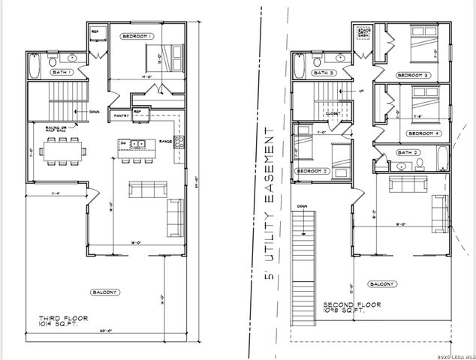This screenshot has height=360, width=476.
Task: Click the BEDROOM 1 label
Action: coord(137,36)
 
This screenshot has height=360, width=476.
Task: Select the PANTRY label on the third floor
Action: coord(121,115)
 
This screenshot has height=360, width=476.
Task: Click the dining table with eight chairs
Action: coord(63,151)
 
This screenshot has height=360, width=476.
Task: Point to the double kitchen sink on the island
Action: coord(137,143)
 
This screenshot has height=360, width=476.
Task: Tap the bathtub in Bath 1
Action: coord(35,67)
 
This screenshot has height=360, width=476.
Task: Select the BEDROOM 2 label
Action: coord(312,171)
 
